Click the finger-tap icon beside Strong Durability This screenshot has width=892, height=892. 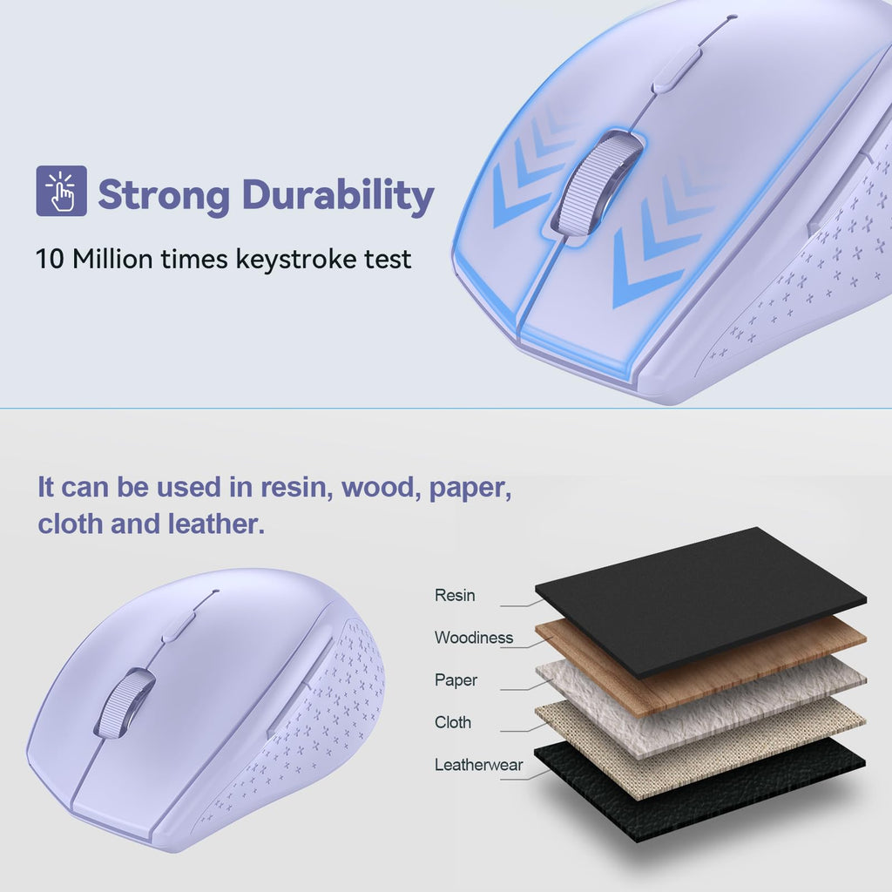[x=61, y=191]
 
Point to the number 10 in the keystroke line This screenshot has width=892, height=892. [x=50, y=259]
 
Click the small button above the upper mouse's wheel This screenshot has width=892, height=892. [x=677, y=69]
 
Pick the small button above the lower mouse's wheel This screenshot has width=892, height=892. [x=179, y=625]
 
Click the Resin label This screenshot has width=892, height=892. [x=455, y=596]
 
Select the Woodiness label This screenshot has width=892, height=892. [x=474, y=638]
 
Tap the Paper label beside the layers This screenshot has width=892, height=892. [x=456, y=680]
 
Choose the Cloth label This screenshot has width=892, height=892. [x=453, y=722]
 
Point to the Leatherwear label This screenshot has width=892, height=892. [x=479, y=765]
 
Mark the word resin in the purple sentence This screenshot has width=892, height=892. [x=296, y=487]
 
